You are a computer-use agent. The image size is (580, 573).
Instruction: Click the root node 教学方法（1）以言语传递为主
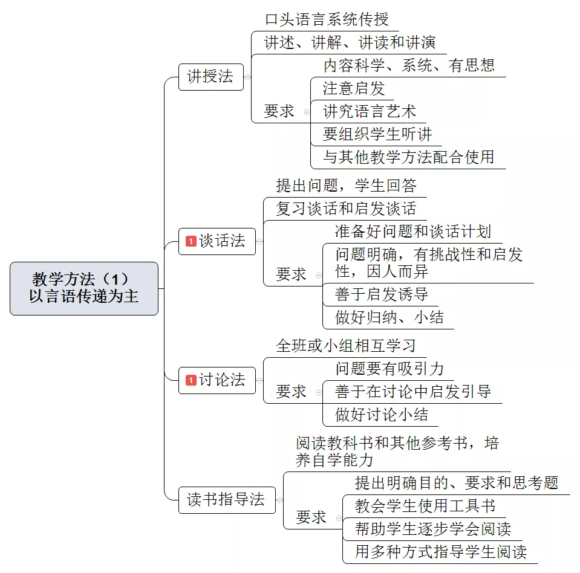(84, 288)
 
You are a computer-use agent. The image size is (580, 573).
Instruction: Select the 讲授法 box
(211, 77)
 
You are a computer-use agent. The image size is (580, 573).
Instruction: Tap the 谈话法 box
(217, 241)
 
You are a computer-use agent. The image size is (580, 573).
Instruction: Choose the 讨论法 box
(217, 380)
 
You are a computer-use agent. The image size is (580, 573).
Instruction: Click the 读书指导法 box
(227, 500)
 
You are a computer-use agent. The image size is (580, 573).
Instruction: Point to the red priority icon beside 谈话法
(191, 241)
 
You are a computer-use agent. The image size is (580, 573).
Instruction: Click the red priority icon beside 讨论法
(191, 380)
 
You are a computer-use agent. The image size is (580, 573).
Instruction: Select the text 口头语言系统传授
(327, 19)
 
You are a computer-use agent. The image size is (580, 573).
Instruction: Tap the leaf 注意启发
(354, 89)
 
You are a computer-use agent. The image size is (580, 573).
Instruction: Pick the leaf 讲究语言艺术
(370, 112)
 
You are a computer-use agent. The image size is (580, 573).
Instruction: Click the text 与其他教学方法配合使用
(409, 157)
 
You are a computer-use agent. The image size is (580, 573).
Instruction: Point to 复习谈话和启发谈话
(346, 209)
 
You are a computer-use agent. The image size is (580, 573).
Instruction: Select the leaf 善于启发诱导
(382, 294)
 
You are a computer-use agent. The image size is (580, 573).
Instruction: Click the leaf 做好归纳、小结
(389, 317)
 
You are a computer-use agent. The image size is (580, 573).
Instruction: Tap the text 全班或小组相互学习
(346, 346)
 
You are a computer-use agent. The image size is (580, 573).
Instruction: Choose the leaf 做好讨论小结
(382, 415)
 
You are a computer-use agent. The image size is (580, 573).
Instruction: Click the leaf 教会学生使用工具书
(425, 506)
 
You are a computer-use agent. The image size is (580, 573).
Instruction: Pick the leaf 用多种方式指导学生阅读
(441, 552)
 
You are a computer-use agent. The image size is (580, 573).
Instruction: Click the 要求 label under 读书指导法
(311, 517)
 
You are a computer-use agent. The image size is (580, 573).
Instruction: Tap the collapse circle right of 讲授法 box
(247, 77)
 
